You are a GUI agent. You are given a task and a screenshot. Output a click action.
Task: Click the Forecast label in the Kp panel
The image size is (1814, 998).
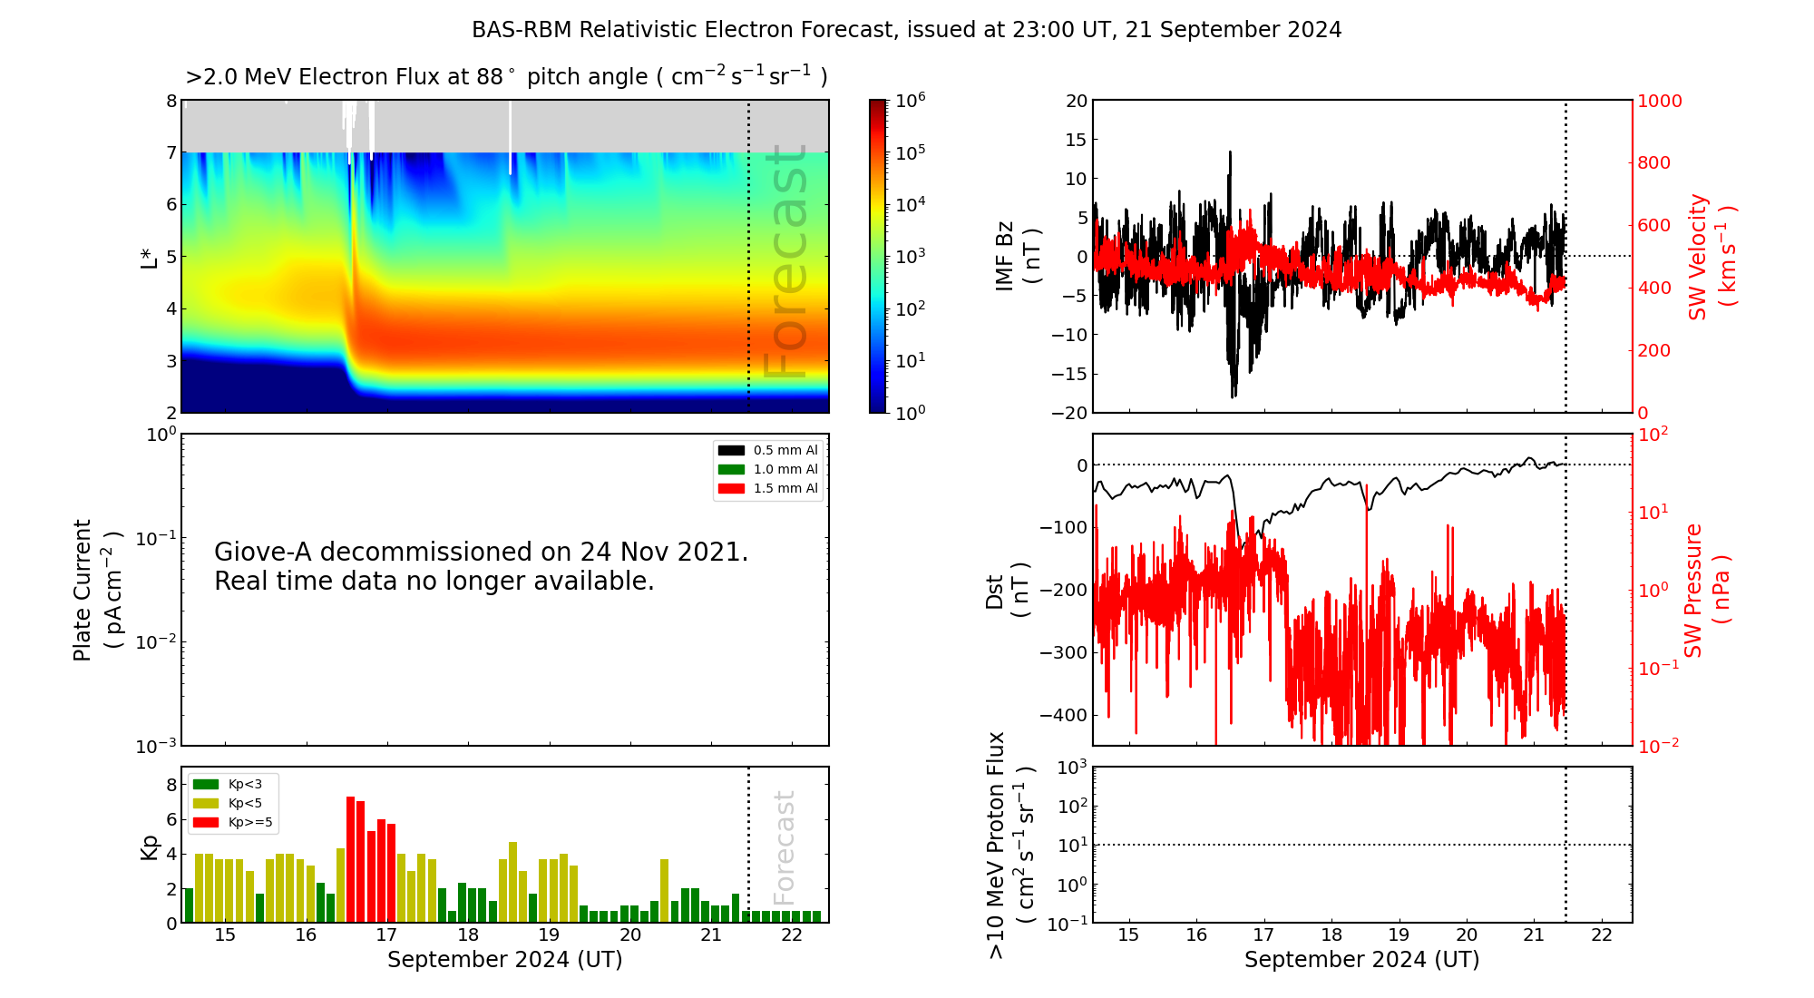785,847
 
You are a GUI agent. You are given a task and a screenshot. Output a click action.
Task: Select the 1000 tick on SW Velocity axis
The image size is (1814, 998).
1659,101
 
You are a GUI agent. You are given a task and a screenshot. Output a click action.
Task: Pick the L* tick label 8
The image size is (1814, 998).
171,101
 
